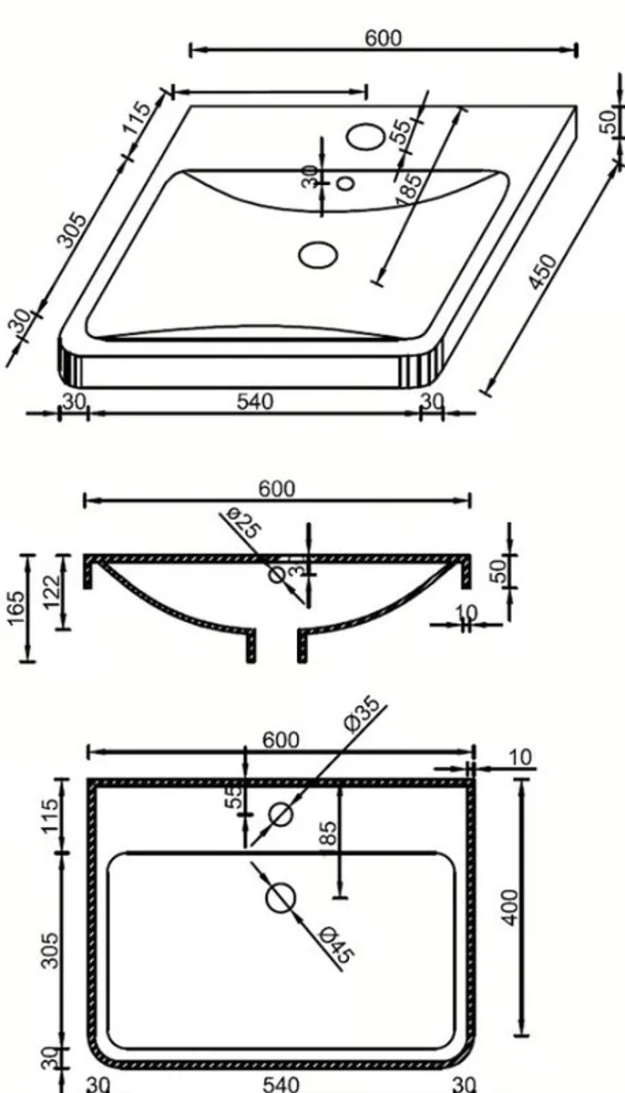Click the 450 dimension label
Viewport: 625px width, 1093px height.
pyautogui.click(x=543, y=271)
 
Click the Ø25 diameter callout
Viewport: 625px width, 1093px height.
pyautogui.click(x=240, y=526)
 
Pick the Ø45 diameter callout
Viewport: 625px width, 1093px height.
pyautogui.click(x=338, y=945)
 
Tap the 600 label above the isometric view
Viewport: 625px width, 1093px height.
pyautogui.click(x=383, y=37)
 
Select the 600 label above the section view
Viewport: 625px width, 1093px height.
pyautogui.click(x=276, y=489)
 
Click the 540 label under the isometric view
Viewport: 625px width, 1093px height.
pyautogui.click(x=255, y=401)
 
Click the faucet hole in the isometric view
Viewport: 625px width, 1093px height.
pyautogui.click(x=366, y=135)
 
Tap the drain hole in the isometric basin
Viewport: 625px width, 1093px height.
pyautogui.click(x=317, y=253)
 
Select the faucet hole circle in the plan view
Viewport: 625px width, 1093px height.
pyautogui.click(x=281, y=814)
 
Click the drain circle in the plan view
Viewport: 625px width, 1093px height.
pyautogui.click(x=281, y=899)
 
